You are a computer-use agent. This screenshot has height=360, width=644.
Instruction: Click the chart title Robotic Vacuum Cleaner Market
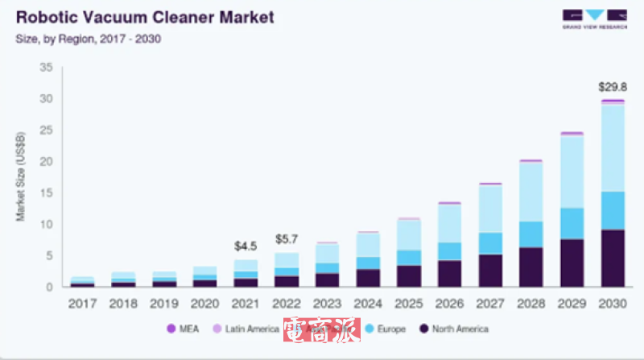click(145, 16)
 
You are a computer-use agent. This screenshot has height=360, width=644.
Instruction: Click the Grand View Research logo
click(593, 19)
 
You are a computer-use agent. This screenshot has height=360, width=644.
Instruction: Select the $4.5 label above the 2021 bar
click(246, 246)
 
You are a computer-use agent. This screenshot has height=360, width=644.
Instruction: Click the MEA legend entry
click(184, 329)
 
